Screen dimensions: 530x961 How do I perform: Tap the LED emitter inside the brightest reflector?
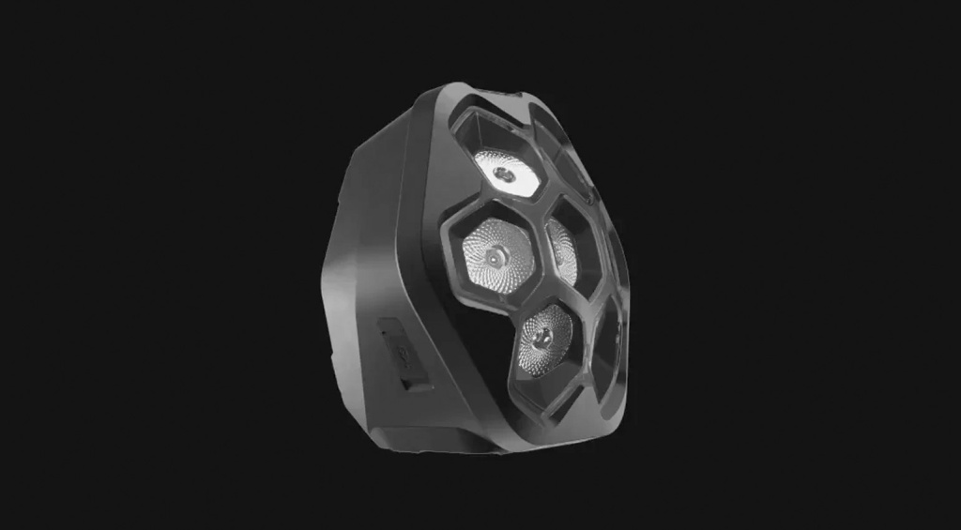point(505,174)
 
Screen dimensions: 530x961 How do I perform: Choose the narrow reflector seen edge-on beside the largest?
point(562,250)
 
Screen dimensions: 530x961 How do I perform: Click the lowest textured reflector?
point(545,338)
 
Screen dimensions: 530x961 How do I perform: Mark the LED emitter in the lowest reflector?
point(536,336)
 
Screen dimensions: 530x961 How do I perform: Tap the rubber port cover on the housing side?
point(399,353)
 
